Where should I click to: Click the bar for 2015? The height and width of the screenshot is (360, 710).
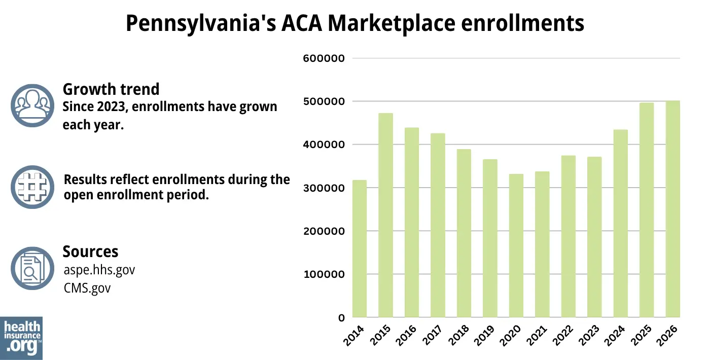pos(385,215)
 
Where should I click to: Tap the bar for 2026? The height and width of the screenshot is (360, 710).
pos(672,209)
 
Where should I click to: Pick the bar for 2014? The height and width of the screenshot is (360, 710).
pos(360,249)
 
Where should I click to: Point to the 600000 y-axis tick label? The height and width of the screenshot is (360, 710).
pos(324,58)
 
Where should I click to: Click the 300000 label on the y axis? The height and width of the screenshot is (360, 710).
pos(324,188)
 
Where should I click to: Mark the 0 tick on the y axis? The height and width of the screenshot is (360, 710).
pos(341,318)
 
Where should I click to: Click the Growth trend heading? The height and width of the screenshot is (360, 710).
pos(111,89)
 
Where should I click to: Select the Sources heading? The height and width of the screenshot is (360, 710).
pos(90,251)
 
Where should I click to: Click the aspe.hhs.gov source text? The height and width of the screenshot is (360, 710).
pos(99,270)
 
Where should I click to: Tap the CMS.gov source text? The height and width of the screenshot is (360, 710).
pos(87,288)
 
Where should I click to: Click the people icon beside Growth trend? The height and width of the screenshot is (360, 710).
pos(32,105)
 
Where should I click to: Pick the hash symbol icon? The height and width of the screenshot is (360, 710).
pos(32,187)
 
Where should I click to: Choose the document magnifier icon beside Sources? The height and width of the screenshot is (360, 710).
pos(32,268)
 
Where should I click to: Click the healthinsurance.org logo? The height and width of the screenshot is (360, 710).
pos(21,337)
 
